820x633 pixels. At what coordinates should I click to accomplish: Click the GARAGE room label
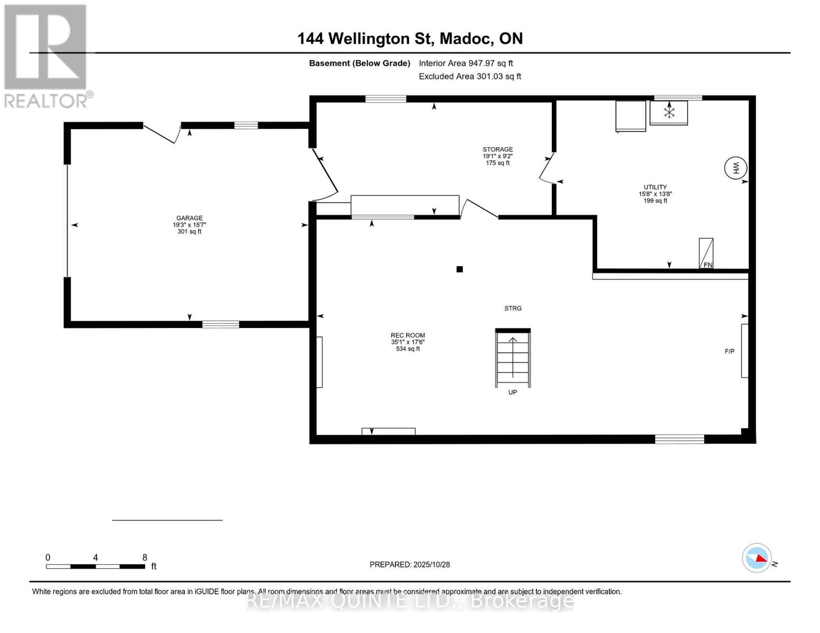(x=189, y=218)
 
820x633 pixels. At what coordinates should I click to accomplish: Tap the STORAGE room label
(x=497, y=150)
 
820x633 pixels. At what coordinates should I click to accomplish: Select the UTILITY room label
(x=655, y=187)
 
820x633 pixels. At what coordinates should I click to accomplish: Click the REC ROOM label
(x=408, y=335)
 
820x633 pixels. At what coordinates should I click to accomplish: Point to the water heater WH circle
(x=736, y=168)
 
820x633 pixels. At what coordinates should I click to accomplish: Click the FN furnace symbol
(x=706, y=253)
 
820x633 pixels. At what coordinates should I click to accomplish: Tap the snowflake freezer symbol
(x=669, y=112)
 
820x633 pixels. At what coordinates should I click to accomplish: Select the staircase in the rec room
(x=513, y=358)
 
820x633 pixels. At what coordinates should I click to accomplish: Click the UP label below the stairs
(x=512, y=392)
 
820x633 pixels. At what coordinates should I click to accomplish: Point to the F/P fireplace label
(x=729, y=351)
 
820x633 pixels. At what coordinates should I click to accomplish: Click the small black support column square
(x=459, y=269)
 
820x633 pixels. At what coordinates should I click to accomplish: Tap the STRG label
(x=513, y=309)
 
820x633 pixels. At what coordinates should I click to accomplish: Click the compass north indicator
(x=757, y=558)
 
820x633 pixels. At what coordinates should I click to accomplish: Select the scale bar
(x=96, y=567)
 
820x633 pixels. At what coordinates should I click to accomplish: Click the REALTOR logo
(x=46, y=55)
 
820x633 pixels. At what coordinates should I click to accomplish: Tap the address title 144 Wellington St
(x=410, y=39)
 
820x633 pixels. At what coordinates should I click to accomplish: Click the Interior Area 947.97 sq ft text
(x=466, y=63)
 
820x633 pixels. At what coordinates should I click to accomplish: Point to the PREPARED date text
(x=410, y=564)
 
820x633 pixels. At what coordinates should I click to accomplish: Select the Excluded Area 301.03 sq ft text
(x=470, y=76)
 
